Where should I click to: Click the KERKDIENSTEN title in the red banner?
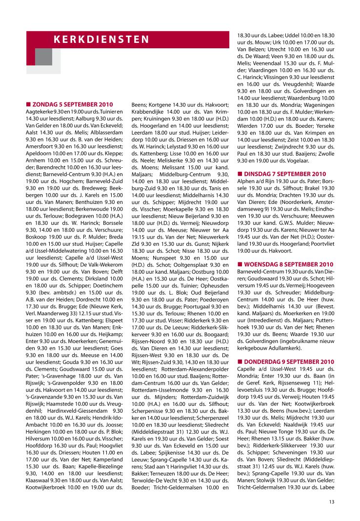(x=101, y=40)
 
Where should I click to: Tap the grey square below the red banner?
(x=43, y=57)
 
